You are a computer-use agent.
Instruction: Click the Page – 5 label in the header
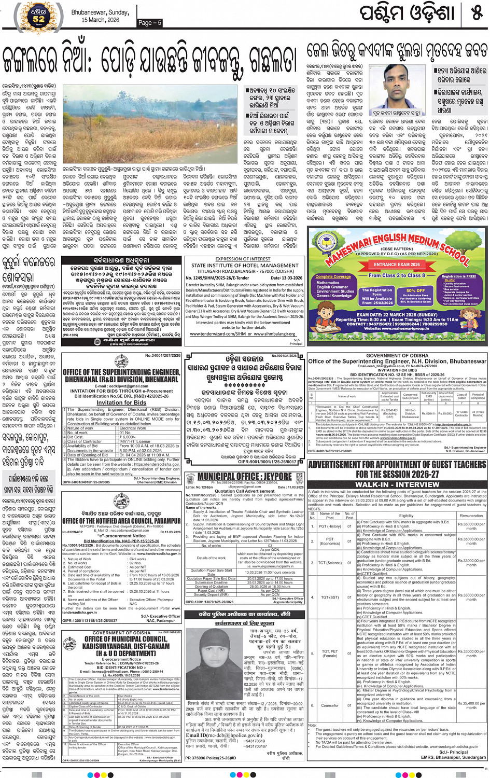click(150, 23)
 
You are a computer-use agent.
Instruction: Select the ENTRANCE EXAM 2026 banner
click(399, 265)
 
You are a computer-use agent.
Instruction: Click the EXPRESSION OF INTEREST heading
click(243, 259)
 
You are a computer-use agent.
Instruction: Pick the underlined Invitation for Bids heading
click(121, 402)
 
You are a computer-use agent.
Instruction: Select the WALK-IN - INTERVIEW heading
click(397, 484)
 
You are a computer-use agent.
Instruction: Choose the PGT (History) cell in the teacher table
click(330, 526)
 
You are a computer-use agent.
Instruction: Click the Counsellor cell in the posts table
click(330, 705)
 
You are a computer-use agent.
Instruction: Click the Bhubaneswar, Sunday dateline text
click(100, 12)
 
